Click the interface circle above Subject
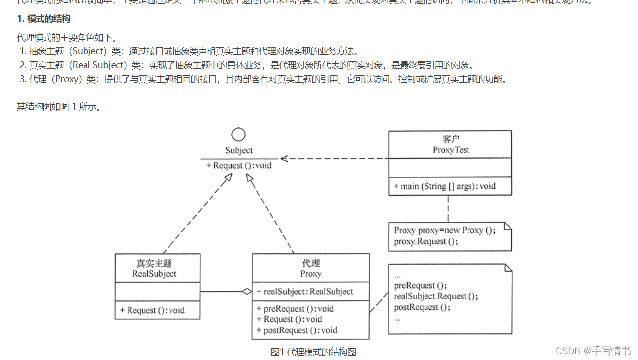tap(239, 135)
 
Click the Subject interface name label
tap(239, 150)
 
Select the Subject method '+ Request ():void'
tap(239, 166)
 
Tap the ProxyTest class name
tap(451, 150)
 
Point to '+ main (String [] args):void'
tap(445, 186)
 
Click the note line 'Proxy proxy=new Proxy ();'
tap(444, 230)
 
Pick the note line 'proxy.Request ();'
tap(426, 241)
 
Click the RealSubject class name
tap(154, 274)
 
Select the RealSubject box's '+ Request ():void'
tap(152, 310)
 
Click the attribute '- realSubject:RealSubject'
tap(305, 292)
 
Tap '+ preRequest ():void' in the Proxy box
tap(295, 309)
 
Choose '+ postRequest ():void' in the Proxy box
tap(297, 330)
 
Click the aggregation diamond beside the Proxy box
tap(247, 292)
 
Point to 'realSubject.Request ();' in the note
tap(436, 296)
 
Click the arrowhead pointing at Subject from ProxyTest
tap(283, 158)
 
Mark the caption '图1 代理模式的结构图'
tap(313, 352)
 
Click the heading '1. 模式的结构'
tap(43, 19)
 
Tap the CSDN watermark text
tap(593, 351)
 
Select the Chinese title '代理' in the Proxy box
tap(311, 263)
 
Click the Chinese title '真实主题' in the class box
tap(154, 263)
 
